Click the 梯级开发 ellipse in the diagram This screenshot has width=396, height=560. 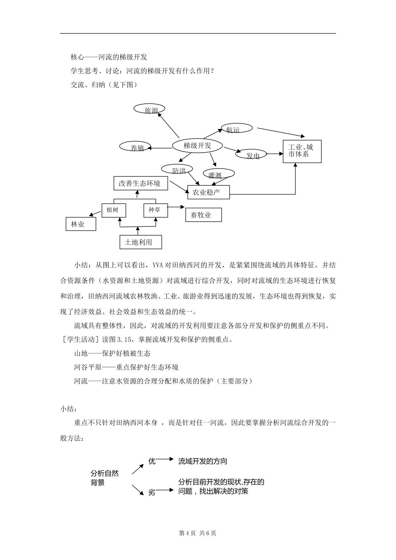point(197,145)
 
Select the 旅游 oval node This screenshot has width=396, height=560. point(149,109)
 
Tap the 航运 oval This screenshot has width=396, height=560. point(237,128)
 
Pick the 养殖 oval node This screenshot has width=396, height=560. point(135,147)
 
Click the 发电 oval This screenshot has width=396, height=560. point(251,154)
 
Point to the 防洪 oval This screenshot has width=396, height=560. point(177,169)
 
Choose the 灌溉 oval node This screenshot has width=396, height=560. point(219,174)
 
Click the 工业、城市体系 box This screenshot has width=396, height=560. point(302,152)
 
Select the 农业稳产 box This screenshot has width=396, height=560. point(208,192)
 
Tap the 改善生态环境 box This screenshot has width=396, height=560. point(141,183)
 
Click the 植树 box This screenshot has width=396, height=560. point(114,210)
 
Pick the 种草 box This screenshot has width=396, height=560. point(156,210)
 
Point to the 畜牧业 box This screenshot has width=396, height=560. point(203,215)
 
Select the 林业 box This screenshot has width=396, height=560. point(81,224)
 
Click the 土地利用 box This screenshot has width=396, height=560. point(141,242)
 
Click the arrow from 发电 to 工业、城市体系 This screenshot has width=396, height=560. point(275,154)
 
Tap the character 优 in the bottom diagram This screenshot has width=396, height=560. point(152,461)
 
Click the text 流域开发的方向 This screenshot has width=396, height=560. point(202,461)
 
